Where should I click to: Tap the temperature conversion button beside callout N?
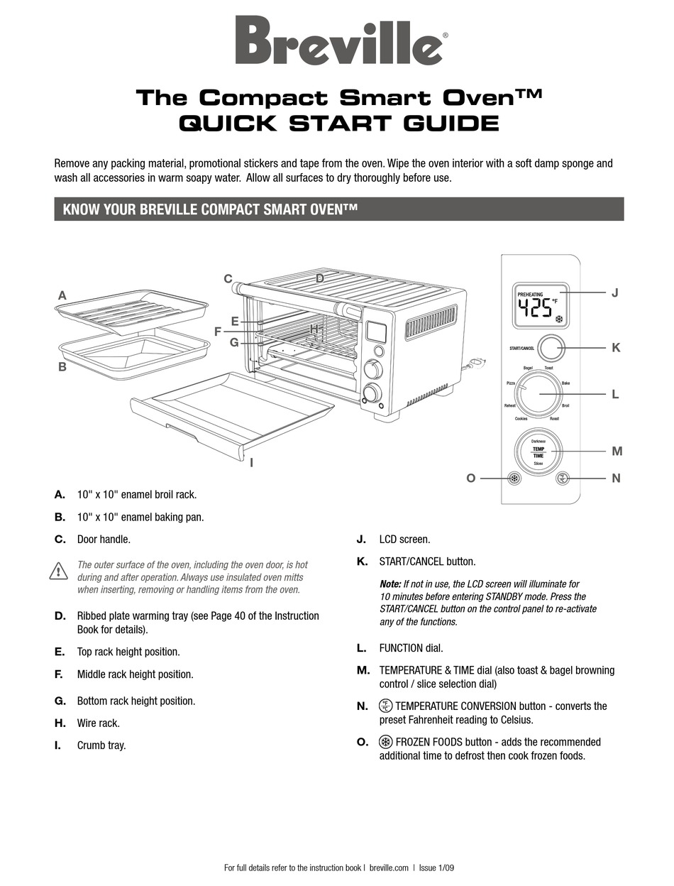coord(563,478)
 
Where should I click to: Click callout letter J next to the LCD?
coord(615,292)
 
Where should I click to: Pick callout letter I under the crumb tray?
coord(251,462)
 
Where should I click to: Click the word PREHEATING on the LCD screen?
coord(530,293)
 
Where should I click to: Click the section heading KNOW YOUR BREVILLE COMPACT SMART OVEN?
coord(210,209)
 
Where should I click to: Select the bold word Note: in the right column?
coord(390,584)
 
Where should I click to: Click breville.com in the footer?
coord(390,868)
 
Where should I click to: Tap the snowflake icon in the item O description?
coord(386,742)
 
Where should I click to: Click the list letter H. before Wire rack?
coord(60,723)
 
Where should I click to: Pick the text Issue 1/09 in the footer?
coord(436,868)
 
